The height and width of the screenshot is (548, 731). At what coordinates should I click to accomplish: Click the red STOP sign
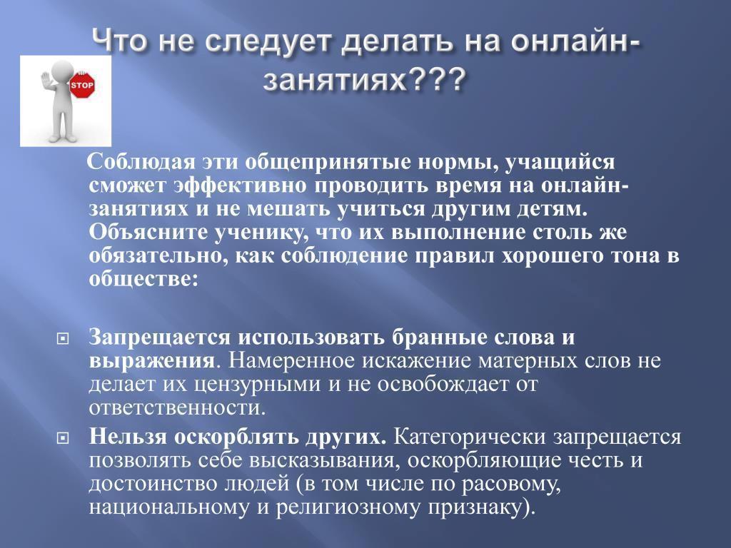point(82,85)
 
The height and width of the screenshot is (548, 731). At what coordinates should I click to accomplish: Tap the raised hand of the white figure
point(46,79)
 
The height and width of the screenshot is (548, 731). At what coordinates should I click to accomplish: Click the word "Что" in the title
point(119,41)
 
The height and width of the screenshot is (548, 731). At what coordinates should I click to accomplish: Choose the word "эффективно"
point(241,186)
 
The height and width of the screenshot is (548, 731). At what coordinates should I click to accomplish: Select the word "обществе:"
point(143,279)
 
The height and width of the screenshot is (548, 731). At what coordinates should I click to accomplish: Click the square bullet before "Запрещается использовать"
point(62,339)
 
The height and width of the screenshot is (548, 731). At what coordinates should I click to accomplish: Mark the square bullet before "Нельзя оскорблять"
point(62,438)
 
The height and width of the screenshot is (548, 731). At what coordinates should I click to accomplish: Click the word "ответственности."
point(177,407)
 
